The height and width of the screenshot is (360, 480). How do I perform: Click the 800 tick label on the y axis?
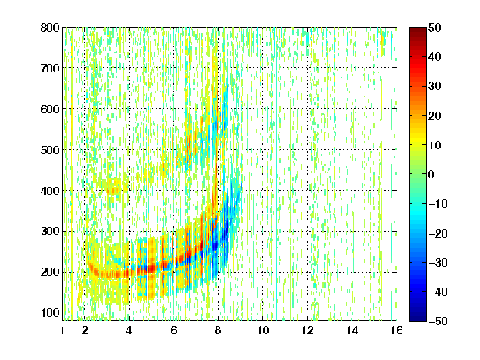tap(50, 27)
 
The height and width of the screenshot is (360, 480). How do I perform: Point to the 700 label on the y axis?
tap(50, 68)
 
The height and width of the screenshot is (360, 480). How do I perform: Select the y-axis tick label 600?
tap(50, 109)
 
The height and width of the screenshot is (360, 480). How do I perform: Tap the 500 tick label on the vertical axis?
tap(50, 150)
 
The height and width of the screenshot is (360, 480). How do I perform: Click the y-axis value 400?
tap(50, 191)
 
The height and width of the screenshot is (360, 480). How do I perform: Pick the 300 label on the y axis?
tap(50, 231)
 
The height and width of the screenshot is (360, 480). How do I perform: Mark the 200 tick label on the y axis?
tap(50, 272)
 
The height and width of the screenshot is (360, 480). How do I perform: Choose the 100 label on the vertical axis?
tap(50, 312)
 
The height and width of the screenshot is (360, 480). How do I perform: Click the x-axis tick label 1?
tap(62, 330)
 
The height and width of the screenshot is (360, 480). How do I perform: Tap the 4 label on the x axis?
tap(129, 330)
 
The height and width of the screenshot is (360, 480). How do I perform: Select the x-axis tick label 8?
tap(218, 330)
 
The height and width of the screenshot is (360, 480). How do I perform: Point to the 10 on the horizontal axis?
tap(263, 330)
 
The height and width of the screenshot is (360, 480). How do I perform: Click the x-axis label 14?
tap(352, 330)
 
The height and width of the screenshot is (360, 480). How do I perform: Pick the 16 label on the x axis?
tap(397, 330)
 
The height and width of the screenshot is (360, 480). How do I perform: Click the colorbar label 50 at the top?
tap(434, 27)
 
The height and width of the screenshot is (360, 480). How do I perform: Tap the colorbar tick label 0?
tap(431, 174)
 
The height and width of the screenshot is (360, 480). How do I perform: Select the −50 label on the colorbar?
tap(438, 321)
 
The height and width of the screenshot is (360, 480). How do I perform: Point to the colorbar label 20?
tap(434, 116)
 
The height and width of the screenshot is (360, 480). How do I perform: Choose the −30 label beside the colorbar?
tap(438, 262)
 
